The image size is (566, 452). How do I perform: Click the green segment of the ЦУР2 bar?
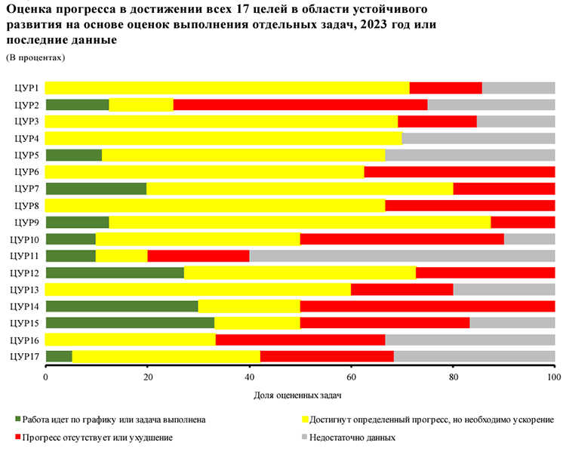click(77, 105)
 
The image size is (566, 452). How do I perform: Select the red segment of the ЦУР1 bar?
click(445, 88)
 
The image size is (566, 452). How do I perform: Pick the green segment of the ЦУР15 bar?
click(130, 323)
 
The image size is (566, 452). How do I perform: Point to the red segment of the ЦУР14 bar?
click(427, 306)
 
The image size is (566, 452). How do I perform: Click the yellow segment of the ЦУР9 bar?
click(300, 222)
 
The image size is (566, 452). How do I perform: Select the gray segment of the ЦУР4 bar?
click(478, 138)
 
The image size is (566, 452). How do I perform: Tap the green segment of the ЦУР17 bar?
click(59, 356)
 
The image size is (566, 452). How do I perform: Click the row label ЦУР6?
click(26, 171)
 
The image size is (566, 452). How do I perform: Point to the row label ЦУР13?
click(25, 289)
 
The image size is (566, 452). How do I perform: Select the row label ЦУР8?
click(26, 205)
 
